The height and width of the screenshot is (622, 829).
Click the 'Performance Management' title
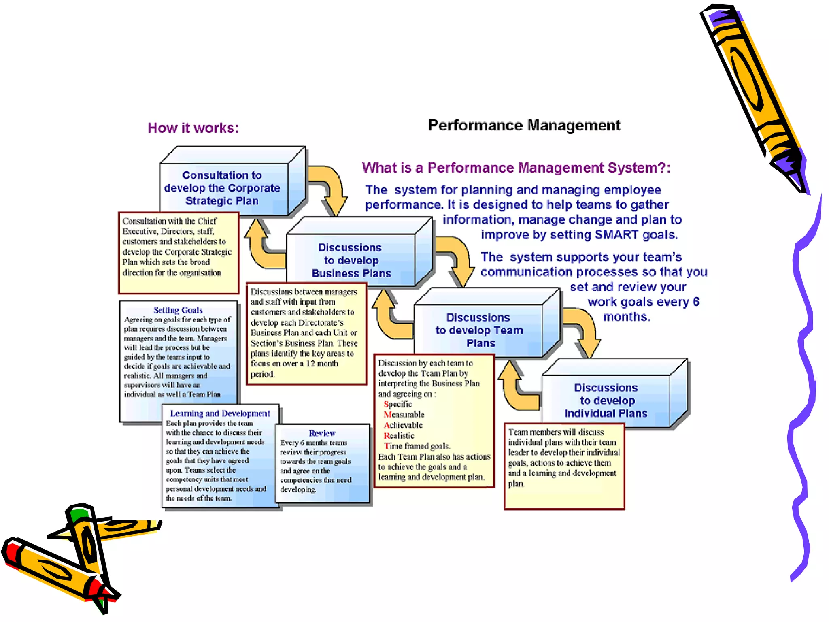click(524, 126)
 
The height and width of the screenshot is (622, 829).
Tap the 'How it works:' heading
click(193, 128)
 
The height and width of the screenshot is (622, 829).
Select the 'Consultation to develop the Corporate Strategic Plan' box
click(222, 188)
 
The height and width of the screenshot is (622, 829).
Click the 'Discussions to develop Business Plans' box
click(351, 260)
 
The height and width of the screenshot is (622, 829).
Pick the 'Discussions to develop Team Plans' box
click(479, 330)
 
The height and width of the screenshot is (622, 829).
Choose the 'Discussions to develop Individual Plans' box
click(606, 400)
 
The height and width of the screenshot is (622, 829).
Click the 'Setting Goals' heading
click(178, 310)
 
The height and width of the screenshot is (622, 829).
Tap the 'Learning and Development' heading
click(220, 413)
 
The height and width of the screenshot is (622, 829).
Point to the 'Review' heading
click(322, 433)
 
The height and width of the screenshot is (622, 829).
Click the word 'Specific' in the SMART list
click(398, 404)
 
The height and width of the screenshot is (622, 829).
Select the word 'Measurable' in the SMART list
click(404, 415)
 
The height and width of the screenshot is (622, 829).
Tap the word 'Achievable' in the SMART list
click(403, 425)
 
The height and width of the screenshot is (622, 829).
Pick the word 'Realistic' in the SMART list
click(399, 436)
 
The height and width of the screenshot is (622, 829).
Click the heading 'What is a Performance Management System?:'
click(516, 168)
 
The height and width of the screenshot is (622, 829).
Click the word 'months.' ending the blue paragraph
click(627, 317)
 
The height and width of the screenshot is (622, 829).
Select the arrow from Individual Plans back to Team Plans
click(516, 389)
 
